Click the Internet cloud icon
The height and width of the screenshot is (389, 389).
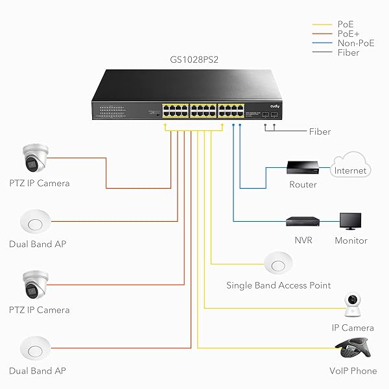pyautogui.click(x=350, y=167)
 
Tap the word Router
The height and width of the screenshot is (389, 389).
pyautogui.click(x=303, y=185)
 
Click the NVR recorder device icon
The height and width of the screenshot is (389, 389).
pyautogui.click(x=303, y=222)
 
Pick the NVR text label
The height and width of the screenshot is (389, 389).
pyautogui.click(x=303, y=241)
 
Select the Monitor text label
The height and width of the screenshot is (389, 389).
pyautogui.click(x=351, y=241)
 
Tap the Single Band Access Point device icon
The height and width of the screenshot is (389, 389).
pyautogui.click(x=278, y=263)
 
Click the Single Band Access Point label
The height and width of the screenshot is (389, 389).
pyautogui.click(x=278, y=285)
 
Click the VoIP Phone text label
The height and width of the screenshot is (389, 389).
pyautogui.click(x=353, y=371)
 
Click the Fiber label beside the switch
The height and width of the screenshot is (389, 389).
pyautogui.click(x=319, y=132)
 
